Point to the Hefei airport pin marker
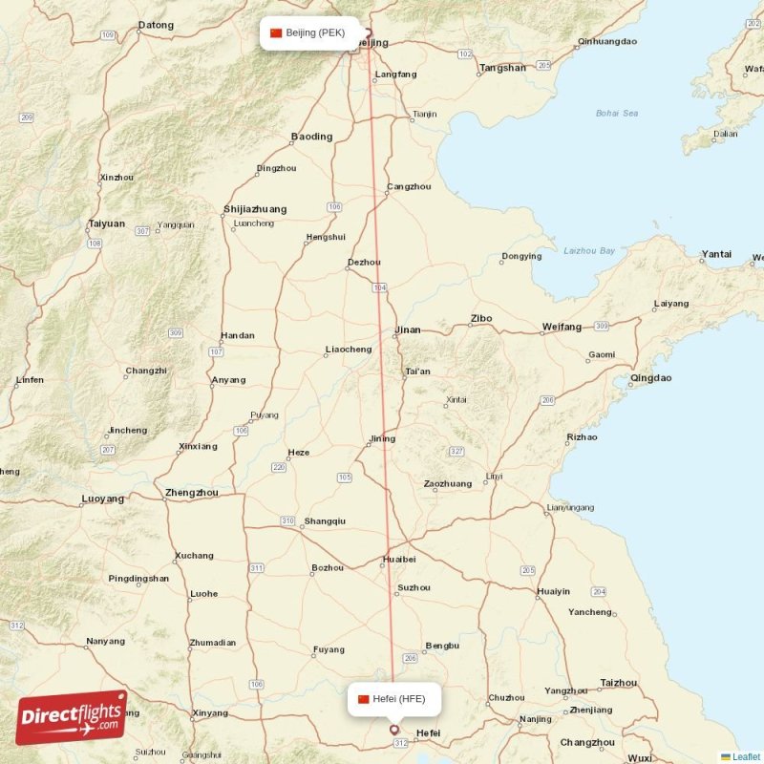click(x=393, y=731)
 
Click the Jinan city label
click(x=407, y=330)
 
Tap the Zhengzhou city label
click(x=192, y=493)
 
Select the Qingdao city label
click(x=650, y=378)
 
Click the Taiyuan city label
click(x=106, y=223)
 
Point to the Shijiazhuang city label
click(x=254, y=209)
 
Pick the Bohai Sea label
click(x=616, y=113)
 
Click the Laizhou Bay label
click(x=589, y=250)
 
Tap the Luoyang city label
click(x=103, y=499)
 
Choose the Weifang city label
click(x=562, y=327)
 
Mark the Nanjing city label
click(x=536, y=719)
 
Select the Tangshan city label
click(x=502, y=68)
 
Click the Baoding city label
click(x=311, y=137)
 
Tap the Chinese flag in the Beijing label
click(x=277, y=32)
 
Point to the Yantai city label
click(x=716, y=254)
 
